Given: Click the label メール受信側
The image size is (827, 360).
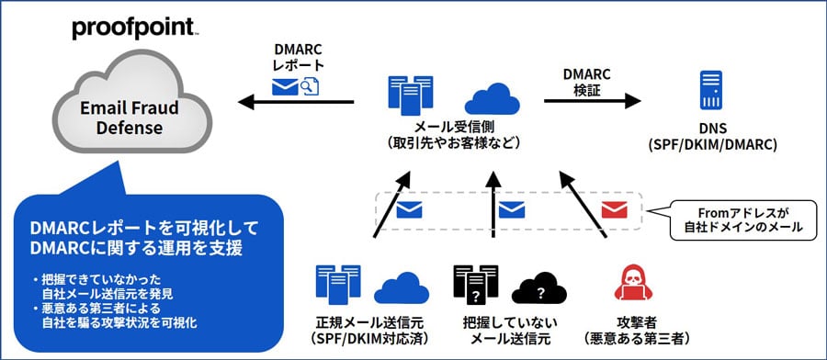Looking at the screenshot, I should [x=454, y=126].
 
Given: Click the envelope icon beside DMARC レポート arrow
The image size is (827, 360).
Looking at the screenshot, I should [x=287, y=85].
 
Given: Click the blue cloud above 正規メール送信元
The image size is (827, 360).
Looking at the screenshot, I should [x=402, y=287].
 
